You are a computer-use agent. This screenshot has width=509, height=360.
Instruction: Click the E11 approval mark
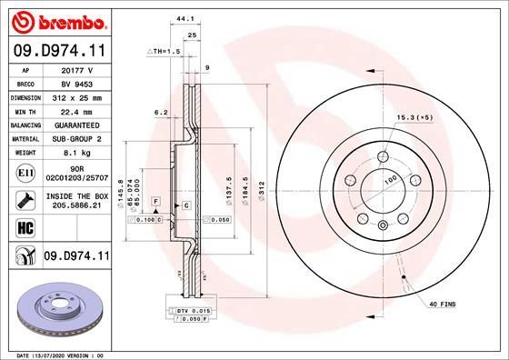coord(27,171)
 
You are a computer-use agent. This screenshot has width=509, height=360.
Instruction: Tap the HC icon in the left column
coord(27,227)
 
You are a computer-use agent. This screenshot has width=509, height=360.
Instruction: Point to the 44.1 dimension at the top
coord(185,18)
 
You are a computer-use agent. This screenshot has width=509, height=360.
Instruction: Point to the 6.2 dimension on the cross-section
coord(161,112)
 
